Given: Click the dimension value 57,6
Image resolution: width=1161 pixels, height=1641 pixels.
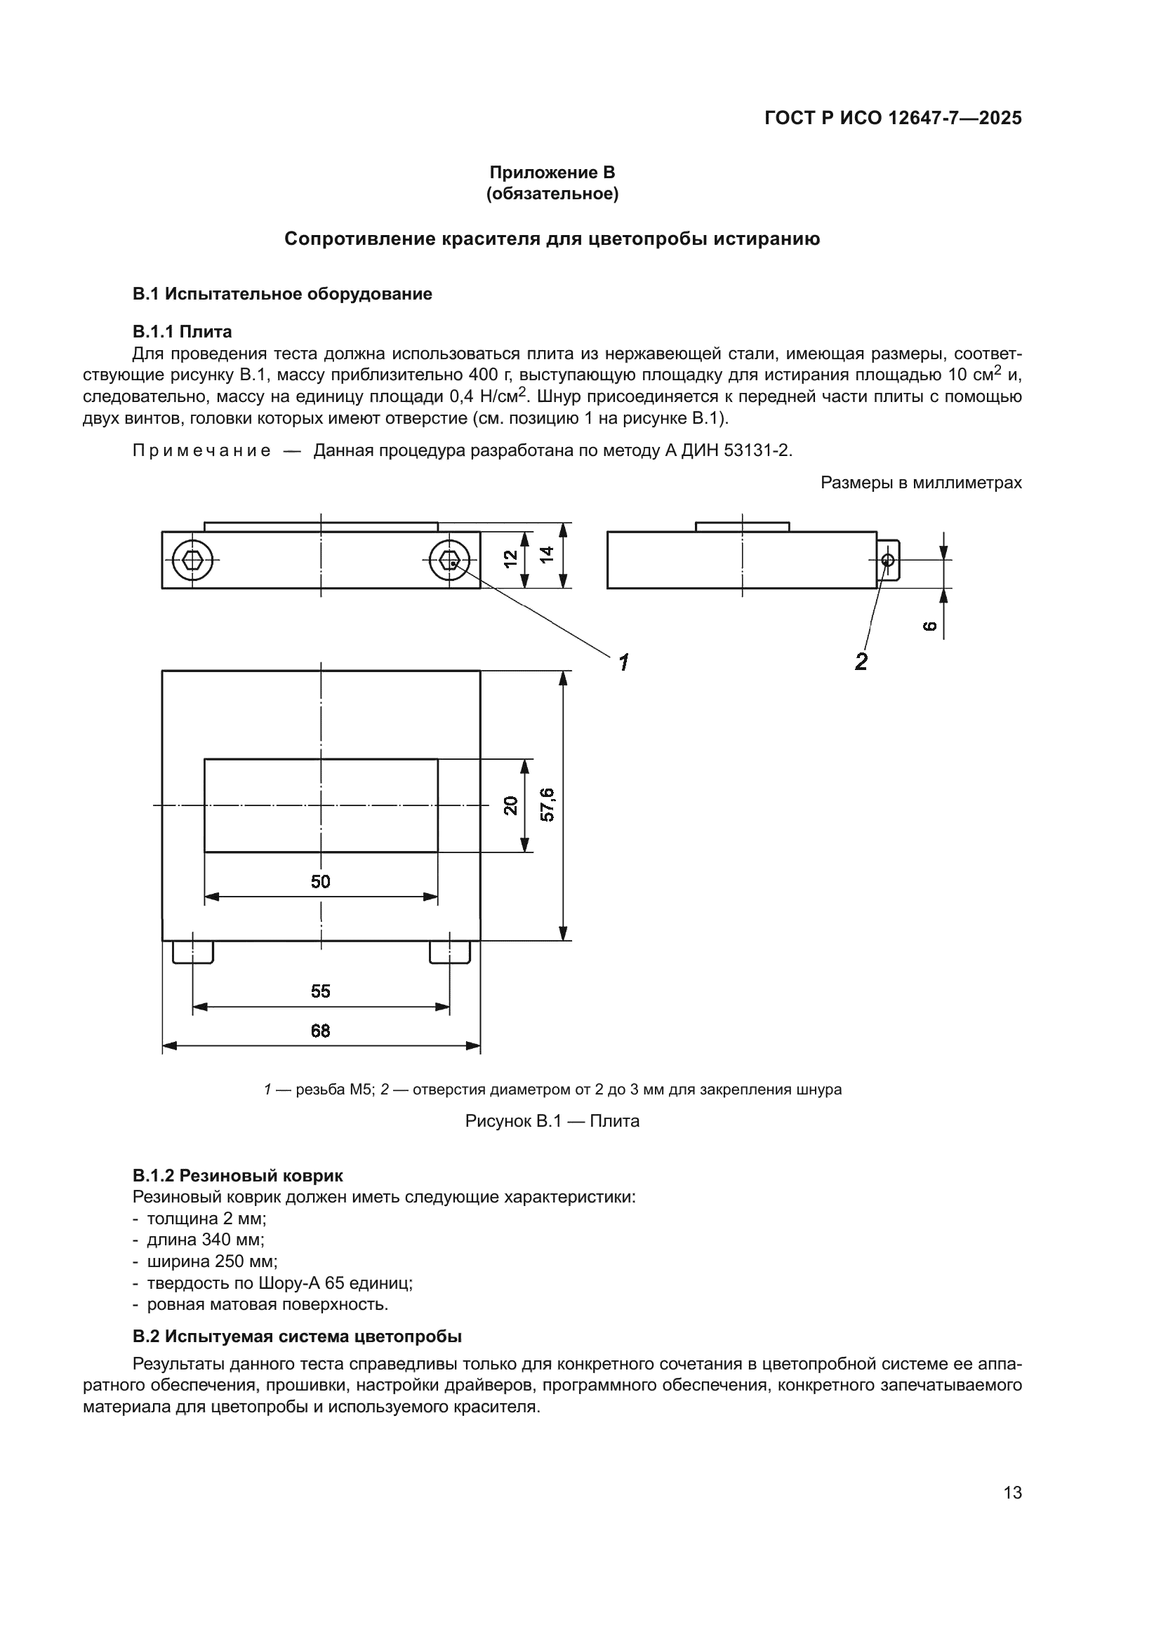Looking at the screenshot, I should point(548,805).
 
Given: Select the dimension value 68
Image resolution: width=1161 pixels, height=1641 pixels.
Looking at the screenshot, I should point(321,1031).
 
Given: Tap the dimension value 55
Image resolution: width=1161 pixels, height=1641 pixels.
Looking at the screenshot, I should point(321,991).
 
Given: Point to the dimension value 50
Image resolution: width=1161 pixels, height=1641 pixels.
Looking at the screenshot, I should point(321,881).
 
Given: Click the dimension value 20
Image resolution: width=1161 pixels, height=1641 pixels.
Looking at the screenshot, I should point(510,805).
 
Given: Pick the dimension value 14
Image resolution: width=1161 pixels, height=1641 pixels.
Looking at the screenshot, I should point(547,555).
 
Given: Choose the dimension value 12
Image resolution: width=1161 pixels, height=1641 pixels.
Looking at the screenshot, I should point(510,559).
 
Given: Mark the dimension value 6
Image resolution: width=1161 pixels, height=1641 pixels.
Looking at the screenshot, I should point(929,626).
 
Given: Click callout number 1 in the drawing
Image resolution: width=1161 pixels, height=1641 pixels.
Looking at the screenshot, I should point(623,662).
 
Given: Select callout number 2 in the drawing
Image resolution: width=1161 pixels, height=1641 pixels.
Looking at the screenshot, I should point(861,662).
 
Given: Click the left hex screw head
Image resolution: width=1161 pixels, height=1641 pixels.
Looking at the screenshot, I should point(193,560).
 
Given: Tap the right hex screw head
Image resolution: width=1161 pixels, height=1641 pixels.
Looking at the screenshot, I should point(450,560).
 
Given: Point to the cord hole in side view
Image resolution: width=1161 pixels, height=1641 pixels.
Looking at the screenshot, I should point(888,561).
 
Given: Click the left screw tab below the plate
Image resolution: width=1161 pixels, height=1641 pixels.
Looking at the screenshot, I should point(193,953).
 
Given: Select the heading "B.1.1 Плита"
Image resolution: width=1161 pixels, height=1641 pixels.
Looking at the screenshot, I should point(183,332).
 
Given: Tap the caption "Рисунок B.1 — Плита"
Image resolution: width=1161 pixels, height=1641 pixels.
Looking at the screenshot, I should point(552,1120).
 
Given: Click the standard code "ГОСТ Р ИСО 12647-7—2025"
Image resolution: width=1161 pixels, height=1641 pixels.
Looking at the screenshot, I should point(893,118).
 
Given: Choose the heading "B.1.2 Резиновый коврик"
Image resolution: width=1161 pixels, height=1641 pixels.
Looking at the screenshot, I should point(237,1175).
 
